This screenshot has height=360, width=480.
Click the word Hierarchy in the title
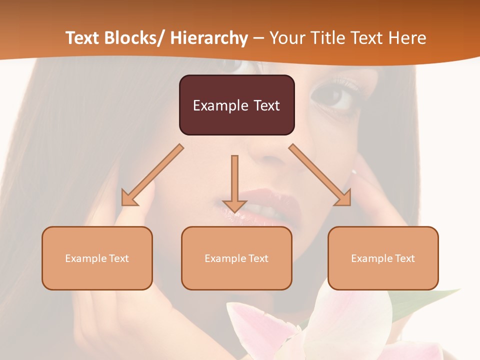[208, 38]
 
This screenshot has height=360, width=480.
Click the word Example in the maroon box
[220, 106]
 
